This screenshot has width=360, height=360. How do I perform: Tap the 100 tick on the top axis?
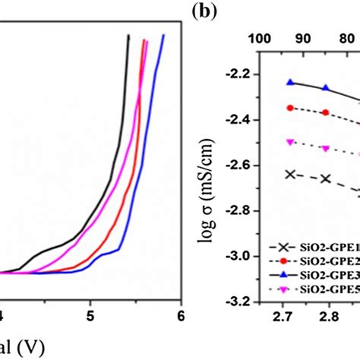pyautogui.click(x=260, y=38)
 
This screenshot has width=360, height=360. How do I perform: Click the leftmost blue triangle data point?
pyautogui.click(x=289, y=82)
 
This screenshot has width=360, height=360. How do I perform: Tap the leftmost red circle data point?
pyautogui.click(x=289, y=108)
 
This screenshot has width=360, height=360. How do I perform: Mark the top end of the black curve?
pyautogui.click(x=129, y=36)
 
